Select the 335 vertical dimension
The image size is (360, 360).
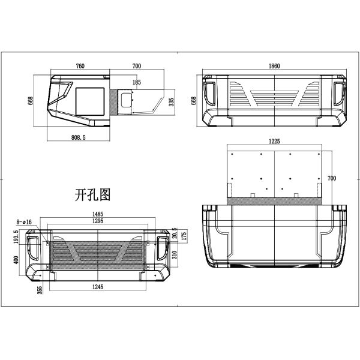[172, 103]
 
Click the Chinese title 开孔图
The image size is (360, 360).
[92, 194]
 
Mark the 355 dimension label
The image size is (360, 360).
[39, 290]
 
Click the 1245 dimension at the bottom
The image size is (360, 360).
[100, 287]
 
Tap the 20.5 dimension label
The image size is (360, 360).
[175, 232]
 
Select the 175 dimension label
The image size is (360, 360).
[185, 236]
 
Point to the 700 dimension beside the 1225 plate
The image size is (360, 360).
[332, 178]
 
